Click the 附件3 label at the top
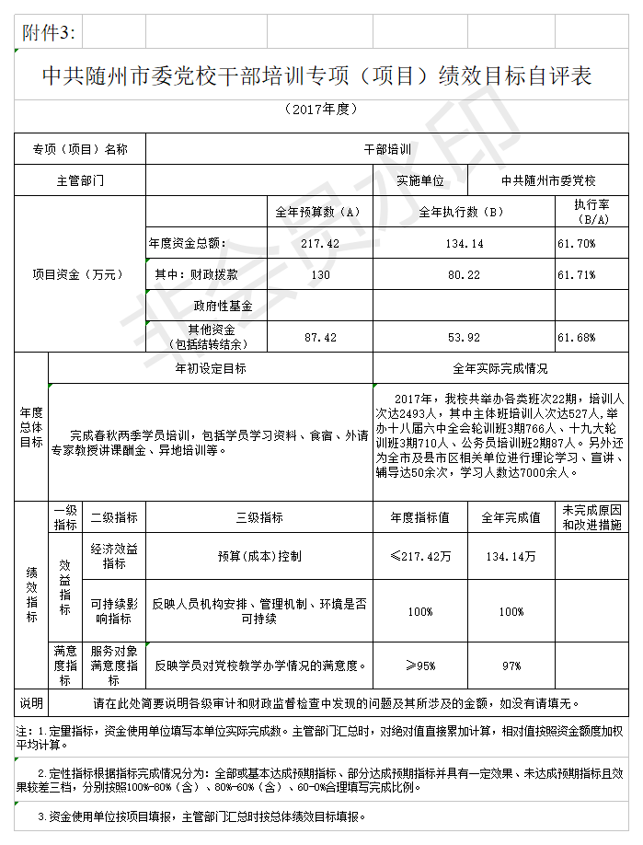pos(49,34)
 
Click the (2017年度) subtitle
pos(321,110)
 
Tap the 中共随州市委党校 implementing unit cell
pos(548,180)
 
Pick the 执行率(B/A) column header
pos(591,212)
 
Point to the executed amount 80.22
pos(464,275)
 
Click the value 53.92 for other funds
pos(464,338)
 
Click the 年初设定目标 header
pos(211,368)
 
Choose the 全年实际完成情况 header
pos(500,368)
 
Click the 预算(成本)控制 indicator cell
pos(259,557)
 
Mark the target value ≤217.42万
pos(420,557)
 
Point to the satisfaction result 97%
pos(511,666)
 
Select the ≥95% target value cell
pos(420,666)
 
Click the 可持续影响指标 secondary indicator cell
pos(114,611)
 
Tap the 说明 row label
pos(31,704)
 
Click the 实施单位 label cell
pos(420,180)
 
